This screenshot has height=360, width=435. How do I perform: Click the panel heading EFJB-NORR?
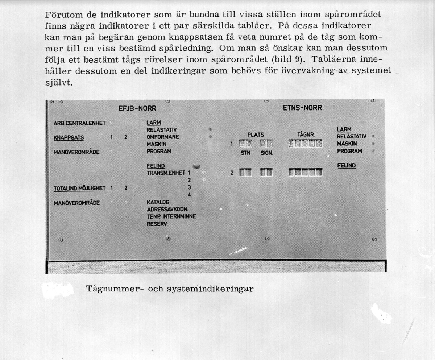pos(137,108)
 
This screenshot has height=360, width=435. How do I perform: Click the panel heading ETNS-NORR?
pos(302,108)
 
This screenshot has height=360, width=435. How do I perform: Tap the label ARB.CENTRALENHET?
pos(80,123)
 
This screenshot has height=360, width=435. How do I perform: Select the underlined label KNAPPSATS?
pos(69,138)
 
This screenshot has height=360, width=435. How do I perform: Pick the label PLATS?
pos(256,135)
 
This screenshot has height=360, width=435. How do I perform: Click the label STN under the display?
pos(245,153)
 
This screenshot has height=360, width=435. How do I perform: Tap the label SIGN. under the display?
pos(267,153)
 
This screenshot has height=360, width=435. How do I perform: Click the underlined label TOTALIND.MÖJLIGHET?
pos(80,188)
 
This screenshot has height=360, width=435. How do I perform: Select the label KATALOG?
pos(158,202)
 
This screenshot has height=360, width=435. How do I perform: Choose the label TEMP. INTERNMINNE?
pos(171,217)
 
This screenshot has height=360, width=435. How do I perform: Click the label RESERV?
pos(157,224)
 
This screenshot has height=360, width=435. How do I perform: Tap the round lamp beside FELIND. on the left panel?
pos(197,166)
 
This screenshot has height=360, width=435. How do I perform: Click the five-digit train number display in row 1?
pos(305,144)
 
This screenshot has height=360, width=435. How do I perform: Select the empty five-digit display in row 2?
pos(305,172)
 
